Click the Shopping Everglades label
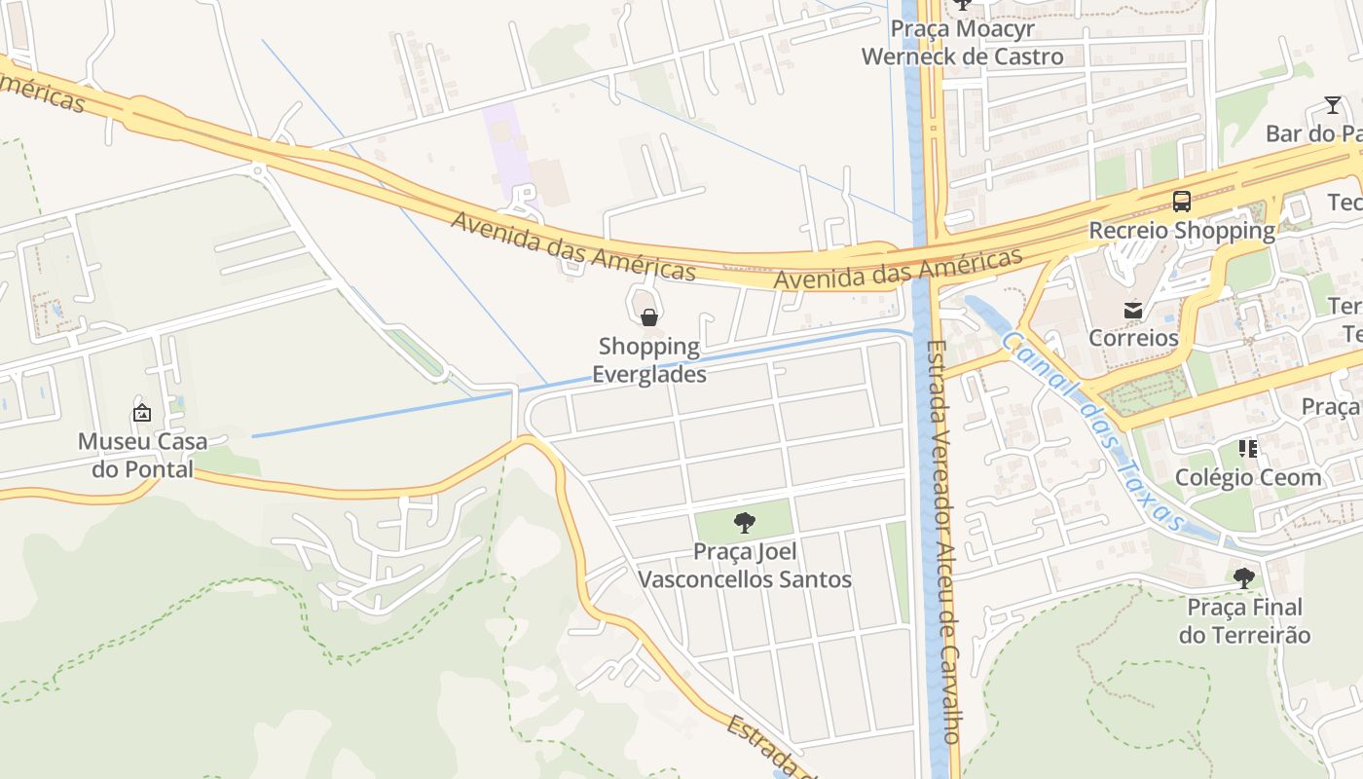649,359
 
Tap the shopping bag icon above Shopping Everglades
649,316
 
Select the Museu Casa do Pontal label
142,455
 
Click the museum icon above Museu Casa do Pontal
142,413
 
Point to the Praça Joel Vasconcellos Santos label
745,566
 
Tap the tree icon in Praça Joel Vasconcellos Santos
745,523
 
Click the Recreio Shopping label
1182,231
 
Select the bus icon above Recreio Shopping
1182,202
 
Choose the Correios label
1133,338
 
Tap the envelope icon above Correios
1133,311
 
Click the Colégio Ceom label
1248,477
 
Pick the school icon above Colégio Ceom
1248,449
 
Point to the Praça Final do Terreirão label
1244,621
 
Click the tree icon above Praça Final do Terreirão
1244,578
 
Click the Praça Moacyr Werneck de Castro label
962,43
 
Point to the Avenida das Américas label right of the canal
898,268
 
